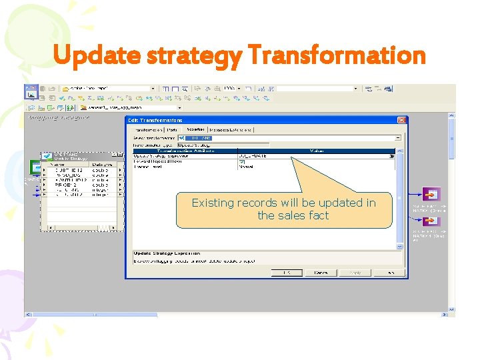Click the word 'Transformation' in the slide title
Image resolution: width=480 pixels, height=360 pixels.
point(336,55)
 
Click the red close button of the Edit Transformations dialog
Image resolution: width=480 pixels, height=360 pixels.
point(402,120)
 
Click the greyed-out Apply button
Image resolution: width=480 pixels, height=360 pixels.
point(355,272)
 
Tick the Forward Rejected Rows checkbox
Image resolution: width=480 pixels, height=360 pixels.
point(242,162)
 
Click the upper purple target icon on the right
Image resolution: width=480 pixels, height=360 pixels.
point(432,194)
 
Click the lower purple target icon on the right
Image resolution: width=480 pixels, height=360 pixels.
point(432,221)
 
